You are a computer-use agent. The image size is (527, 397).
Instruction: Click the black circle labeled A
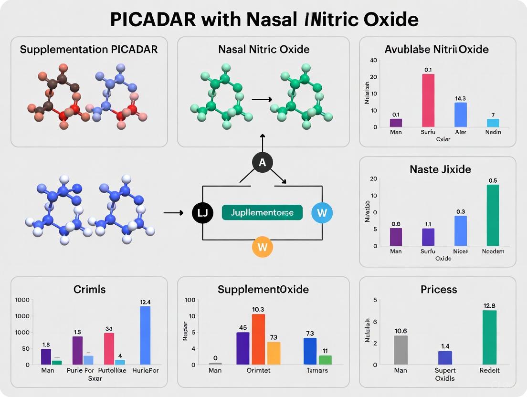tap(262, 163)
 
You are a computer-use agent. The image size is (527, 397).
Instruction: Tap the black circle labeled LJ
tap(202, 213)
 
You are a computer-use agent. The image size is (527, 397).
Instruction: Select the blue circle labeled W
tap(322, 213)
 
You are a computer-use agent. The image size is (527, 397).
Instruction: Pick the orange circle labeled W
tap(262, 247)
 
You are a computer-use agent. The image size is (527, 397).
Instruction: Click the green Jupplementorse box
tap(262, 213)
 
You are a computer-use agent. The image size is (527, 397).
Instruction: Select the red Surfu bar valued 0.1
tap(428, 100)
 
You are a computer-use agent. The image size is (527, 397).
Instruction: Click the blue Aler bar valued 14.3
tap(460, 115)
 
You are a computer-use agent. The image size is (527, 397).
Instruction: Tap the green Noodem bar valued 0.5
tap(493, 215)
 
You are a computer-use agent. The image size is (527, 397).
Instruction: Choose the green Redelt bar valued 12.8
tap(489, 337)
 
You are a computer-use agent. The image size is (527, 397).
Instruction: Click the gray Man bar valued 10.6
tap(401, 350)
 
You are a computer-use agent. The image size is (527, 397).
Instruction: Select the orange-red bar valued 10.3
tap(258, 339)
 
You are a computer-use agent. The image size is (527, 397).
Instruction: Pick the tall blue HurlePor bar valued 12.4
tap(145, 335)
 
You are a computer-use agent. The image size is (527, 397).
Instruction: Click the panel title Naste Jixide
tap(440, 169)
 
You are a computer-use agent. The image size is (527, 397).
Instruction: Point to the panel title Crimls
tap(89, 289)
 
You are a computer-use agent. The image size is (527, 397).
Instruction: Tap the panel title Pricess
tap(439, 290)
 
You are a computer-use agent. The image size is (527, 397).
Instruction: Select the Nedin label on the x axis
tap(493, 132)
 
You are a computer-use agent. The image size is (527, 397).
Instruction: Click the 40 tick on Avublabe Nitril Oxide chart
tap(373, 60)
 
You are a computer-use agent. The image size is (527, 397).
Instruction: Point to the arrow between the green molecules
tap(261, 99)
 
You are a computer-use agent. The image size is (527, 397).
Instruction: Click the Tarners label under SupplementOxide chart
tap(316, 370)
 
